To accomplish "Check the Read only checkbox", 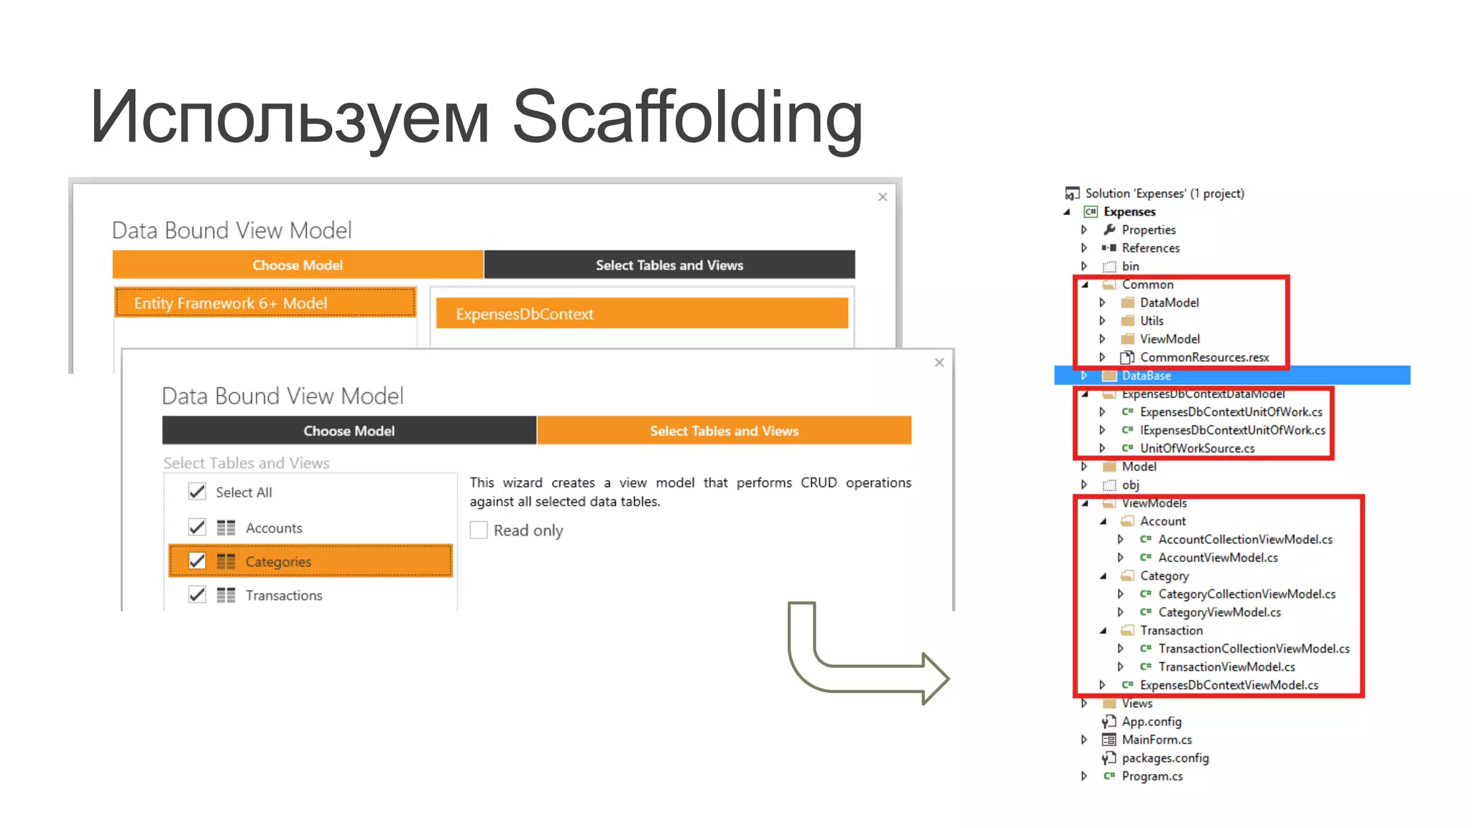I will tap(479, 530).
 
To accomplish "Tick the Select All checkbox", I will tap(197, 492).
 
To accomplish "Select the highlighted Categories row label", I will tap(278, 561).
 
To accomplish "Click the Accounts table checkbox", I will tap(197, 528).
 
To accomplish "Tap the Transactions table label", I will tap(283, 595).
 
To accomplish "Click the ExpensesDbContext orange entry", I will tap(641, 314).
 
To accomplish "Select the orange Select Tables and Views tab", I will tap(724, 431).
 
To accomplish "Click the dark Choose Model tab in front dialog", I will tap(349, 431).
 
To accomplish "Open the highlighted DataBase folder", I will tap(1146, 375).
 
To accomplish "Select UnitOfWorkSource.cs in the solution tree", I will tap(1197, 448).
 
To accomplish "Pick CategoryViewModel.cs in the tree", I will tap(1219, 612).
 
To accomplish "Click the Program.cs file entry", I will tap(1151, 776).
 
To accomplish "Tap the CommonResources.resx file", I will tap(1204, 357).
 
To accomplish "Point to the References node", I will tap(1150, 248).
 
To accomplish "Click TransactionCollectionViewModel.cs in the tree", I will tap(1253, 648).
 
